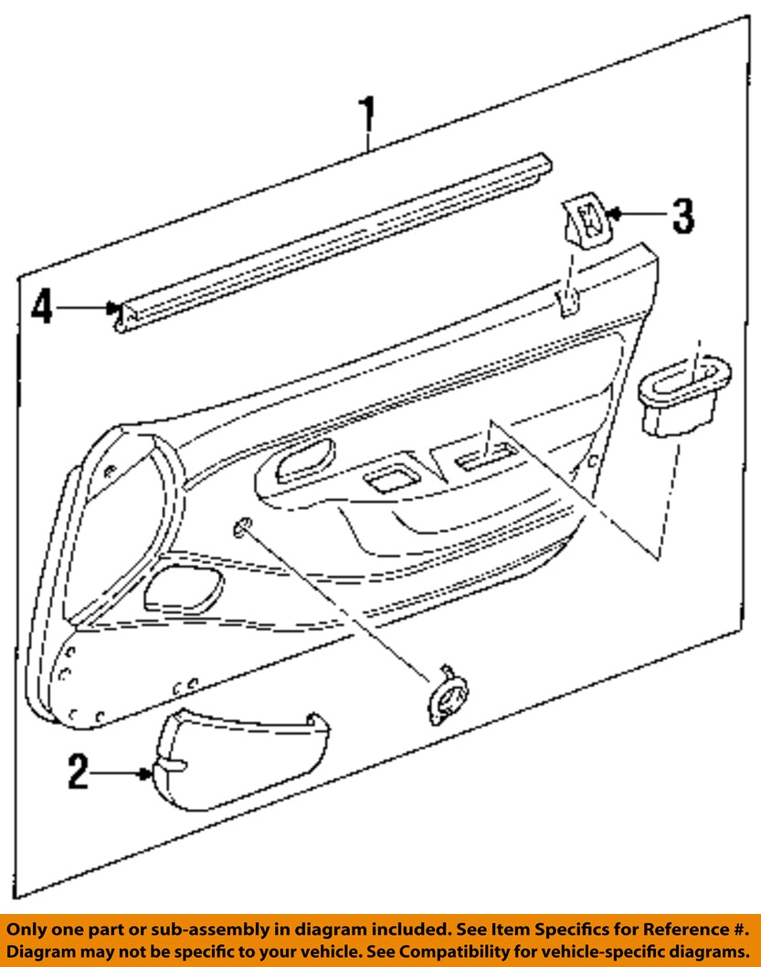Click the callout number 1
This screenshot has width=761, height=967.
pyautogui.click(x=366, y=119)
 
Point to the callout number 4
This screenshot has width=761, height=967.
pyautogui.click(x=42, y=307)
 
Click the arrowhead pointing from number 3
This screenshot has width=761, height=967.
pyautogui.click(x=615, y=214)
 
